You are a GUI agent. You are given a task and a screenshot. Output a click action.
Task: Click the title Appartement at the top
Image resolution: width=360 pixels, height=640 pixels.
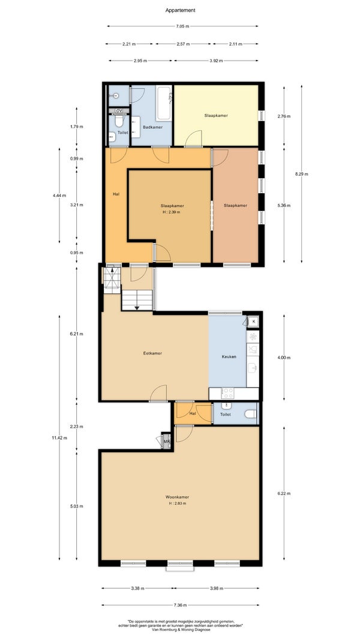pos(180,10)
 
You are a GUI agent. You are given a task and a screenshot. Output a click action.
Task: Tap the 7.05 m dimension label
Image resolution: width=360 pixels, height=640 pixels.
pos(182,26)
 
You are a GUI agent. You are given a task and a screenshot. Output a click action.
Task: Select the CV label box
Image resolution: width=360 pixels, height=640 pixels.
pos(119,111)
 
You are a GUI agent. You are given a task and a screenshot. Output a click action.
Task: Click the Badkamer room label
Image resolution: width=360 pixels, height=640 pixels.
pos(152,127)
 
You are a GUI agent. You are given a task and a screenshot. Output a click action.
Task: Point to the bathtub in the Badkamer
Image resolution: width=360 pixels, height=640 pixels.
pos(164,103)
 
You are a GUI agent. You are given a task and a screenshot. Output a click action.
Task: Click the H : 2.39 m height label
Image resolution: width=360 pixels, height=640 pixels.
pos(170,212)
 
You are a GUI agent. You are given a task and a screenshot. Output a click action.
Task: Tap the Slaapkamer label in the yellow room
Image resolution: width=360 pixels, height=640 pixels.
pos(216,116)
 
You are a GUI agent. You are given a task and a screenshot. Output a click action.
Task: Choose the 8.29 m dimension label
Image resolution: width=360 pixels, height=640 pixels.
pos(301,174)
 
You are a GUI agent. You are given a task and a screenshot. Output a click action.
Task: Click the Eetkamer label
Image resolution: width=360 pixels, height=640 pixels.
pos(152,353)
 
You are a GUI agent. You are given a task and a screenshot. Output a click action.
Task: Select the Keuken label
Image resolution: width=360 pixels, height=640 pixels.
pos(229,356)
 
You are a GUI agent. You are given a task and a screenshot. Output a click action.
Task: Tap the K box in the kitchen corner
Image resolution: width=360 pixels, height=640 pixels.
pos(253,322)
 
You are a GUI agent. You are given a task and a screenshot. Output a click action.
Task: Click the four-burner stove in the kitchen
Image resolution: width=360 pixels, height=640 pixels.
pos(227,393)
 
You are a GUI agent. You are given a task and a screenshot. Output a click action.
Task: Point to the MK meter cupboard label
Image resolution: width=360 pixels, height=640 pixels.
pos(166,441)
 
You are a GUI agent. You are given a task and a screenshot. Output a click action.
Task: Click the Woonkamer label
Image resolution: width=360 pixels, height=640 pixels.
pos(177,497)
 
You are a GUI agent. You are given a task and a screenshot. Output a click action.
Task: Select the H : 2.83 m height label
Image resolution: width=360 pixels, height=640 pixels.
pos(177,503)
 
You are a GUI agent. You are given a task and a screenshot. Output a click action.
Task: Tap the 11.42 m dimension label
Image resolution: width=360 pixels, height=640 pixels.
pos(59,438)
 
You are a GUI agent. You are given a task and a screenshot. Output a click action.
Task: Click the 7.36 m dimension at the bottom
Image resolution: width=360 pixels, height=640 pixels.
pos(180,605)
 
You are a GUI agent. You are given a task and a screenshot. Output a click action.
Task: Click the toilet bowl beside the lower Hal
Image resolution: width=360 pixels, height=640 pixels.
pos(251,414)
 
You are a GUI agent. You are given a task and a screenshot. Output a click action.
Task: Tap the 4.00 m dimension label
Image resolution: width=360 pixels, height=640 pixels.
pos(284,358)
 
